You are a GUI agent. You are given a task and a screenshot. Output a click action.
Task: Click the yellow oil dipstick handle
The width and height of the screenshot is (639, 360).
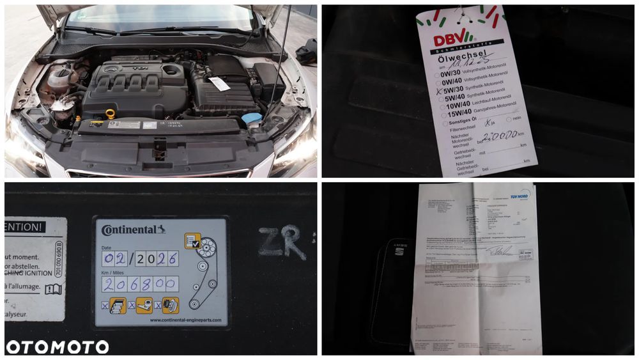point(110,113)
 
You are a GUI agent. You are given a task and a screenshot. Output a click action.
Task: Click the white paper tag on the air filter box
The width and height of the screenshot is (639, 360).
point(219,84)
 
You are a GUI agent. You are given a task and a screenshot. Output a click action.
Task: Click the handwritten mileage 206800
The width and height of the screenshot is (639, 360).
point(140,283)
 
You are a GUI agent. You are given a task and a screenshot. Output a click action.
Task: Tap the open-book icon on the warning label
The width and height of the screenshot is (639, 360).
point(54,289)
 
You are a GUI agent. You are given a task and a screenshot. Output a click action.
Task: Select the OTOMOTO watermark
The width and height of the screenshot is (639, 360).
point(56,347)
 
